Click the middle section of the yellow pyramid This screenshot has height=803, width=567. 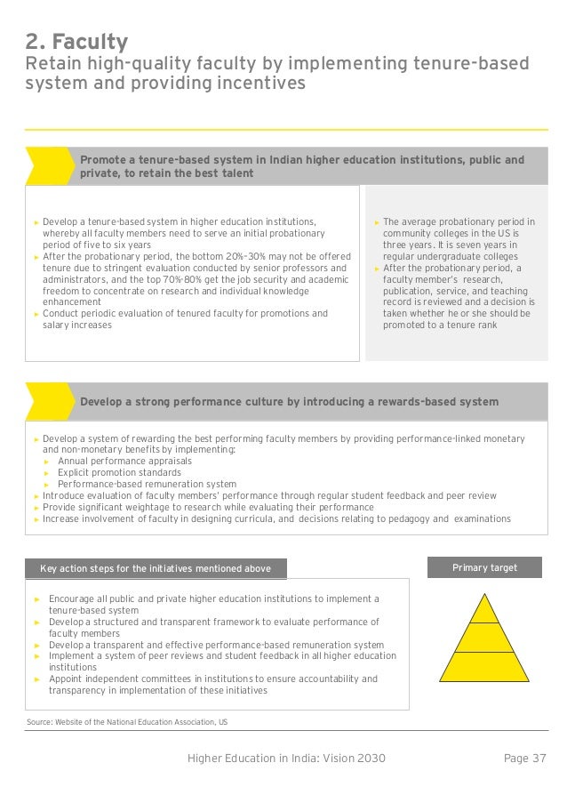pyautogui.click(x=483, y=638)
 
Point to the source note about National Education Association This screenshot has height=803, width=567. pyautogui.click(x=126, y=722)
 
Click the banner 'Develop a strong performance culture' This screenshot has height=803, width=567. pyautogui.click(x=289, y=402)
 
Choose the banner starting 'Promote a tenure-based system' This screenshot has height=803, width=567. pyautogui.click(x=302, y=166)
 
